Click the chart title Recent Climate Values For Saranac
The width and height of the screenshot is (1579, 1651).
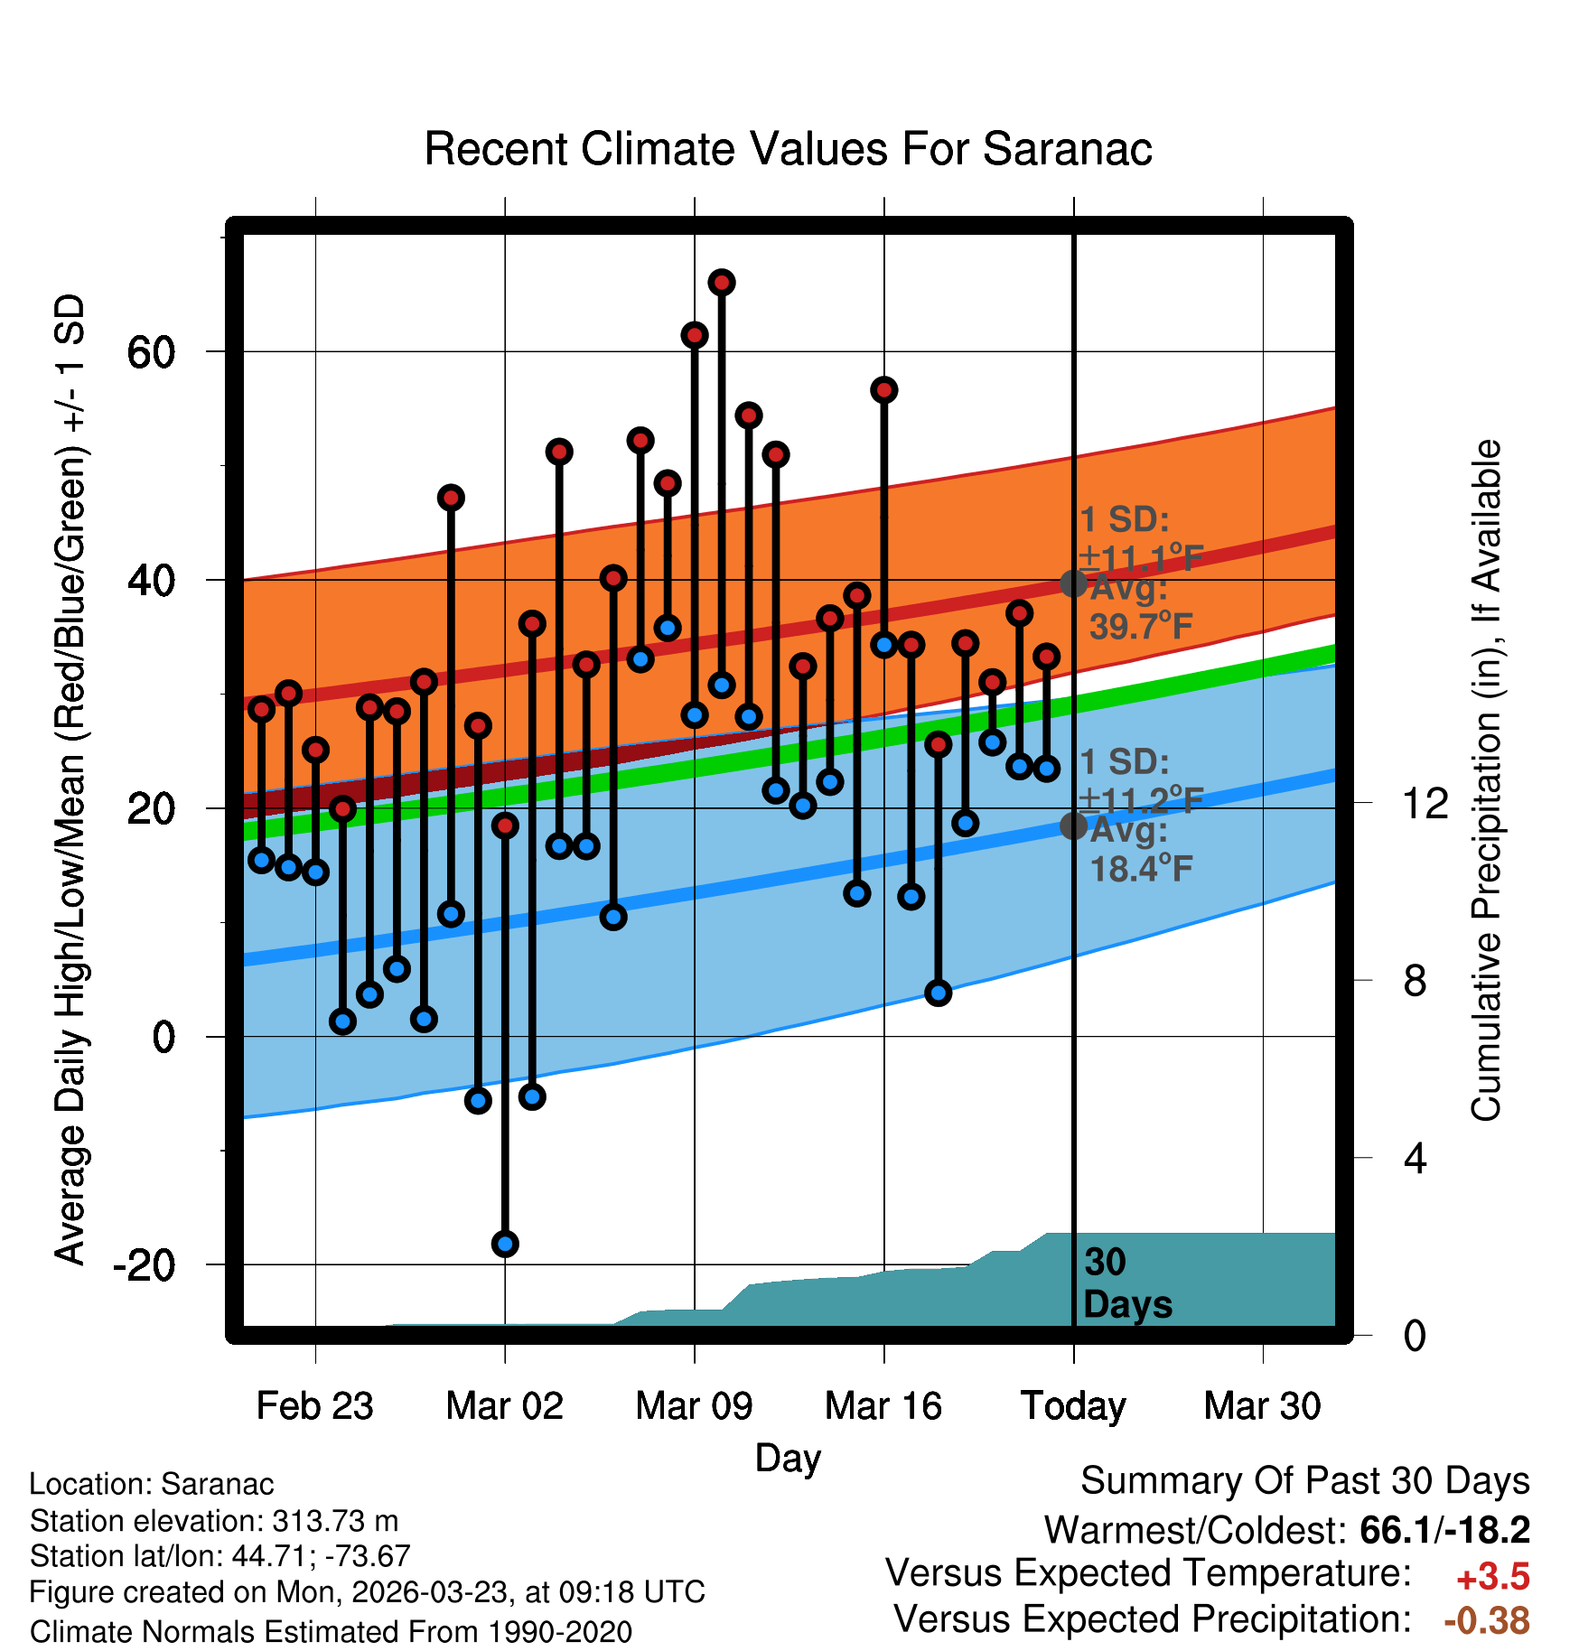click(x=788, y=149)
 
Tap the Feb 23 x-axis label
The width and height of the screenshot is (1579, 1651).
click(x=314, y=1406)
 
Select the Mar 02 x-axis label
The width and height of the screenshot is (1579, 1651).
click(x=504, y=1406)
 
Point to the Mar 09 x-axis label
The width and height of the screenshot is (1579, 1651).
click(x=694, y=1406)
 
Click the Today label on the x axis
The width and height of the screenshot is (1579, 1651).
click(x=1073, y=1406)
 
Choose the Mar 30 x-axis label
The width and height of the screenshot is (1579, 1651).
click(x=1262, y=1406)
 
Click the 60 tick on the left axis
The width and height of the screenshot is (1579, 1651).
click(x=151, y=351)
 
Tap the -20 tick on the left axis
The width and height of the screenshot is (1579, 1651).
click(x=144, y=1264)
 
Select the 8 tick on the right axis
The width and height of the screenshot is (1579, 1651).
click(x=1415, y=980)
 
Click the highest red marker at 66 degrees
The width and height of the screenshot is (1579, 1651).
click(x=722, y=283)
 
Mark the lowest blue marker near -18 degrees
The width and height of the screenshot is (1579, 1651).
click(x=505, y=1244)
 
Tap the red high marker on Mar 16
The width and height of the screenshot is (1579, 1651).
click(x=884, y=390)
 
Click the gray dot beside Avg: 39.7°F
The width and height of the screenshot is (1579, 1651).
click(x=1073, y=583)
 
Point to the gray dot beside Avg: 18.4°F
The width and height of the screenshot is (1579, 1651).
click(x=1073, y=825)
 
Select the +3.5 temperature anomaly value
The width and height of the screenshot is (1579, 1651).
click(x=1492, y=1577)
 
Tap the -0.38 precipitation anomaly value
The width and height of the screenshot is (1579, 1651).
click(x=1486, y=1620)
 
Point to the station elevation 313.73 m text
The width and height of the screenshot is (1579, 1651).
click(x=214, y=1521)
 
